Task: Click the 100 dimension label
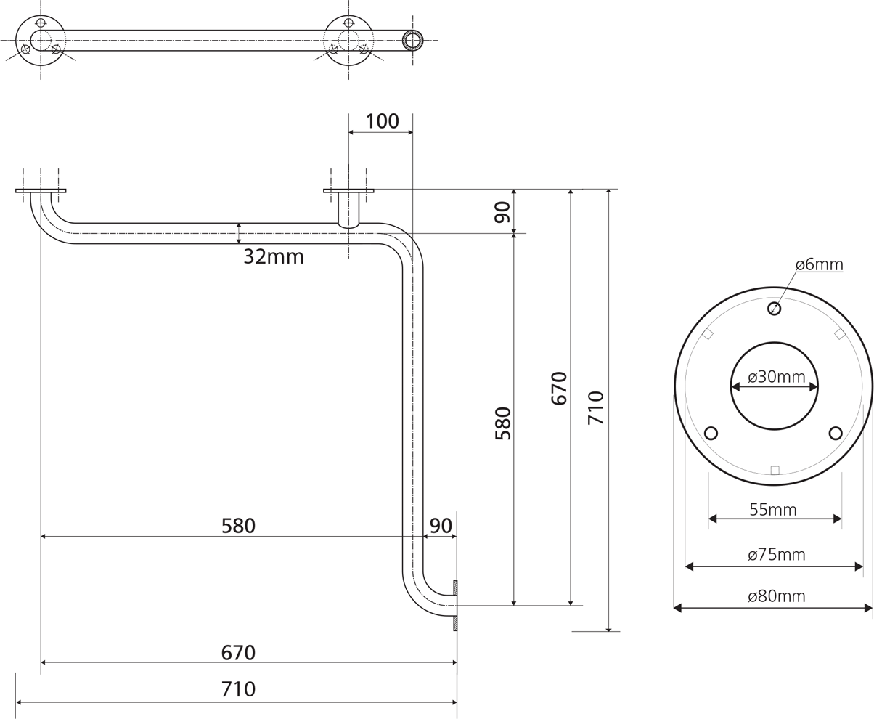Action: [382, 121]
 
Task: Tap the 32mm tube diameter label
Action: [274, 256]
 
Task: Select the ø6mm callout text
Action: [820, 264]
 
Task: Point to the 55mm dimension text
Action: [773, 510]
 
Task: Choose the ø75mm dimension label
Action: [776, 554]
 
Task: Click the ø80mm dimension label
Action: [776, 596]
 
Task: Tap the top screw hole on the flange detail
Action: [774, 309]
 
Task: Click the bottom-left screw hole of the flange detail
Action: [711, 434]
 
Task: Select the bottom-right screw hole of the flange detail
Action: [836, 434]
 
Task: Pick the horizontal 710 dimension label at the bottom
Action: [238, 689]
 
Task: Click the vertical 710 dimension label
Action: [595, 407]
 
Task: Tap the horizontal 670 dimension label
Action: [238, 653]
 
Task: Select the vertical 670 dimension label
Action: [559, 388]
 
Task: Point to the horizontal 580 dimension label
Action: [238, 526]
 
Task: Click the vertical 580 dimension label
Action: [503, 423]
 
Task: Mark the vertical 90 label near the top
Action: [502, 212]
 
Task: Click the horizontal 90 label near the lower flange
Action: [441, 526]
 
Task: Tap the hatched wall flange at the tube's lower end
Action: [455, 606]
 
